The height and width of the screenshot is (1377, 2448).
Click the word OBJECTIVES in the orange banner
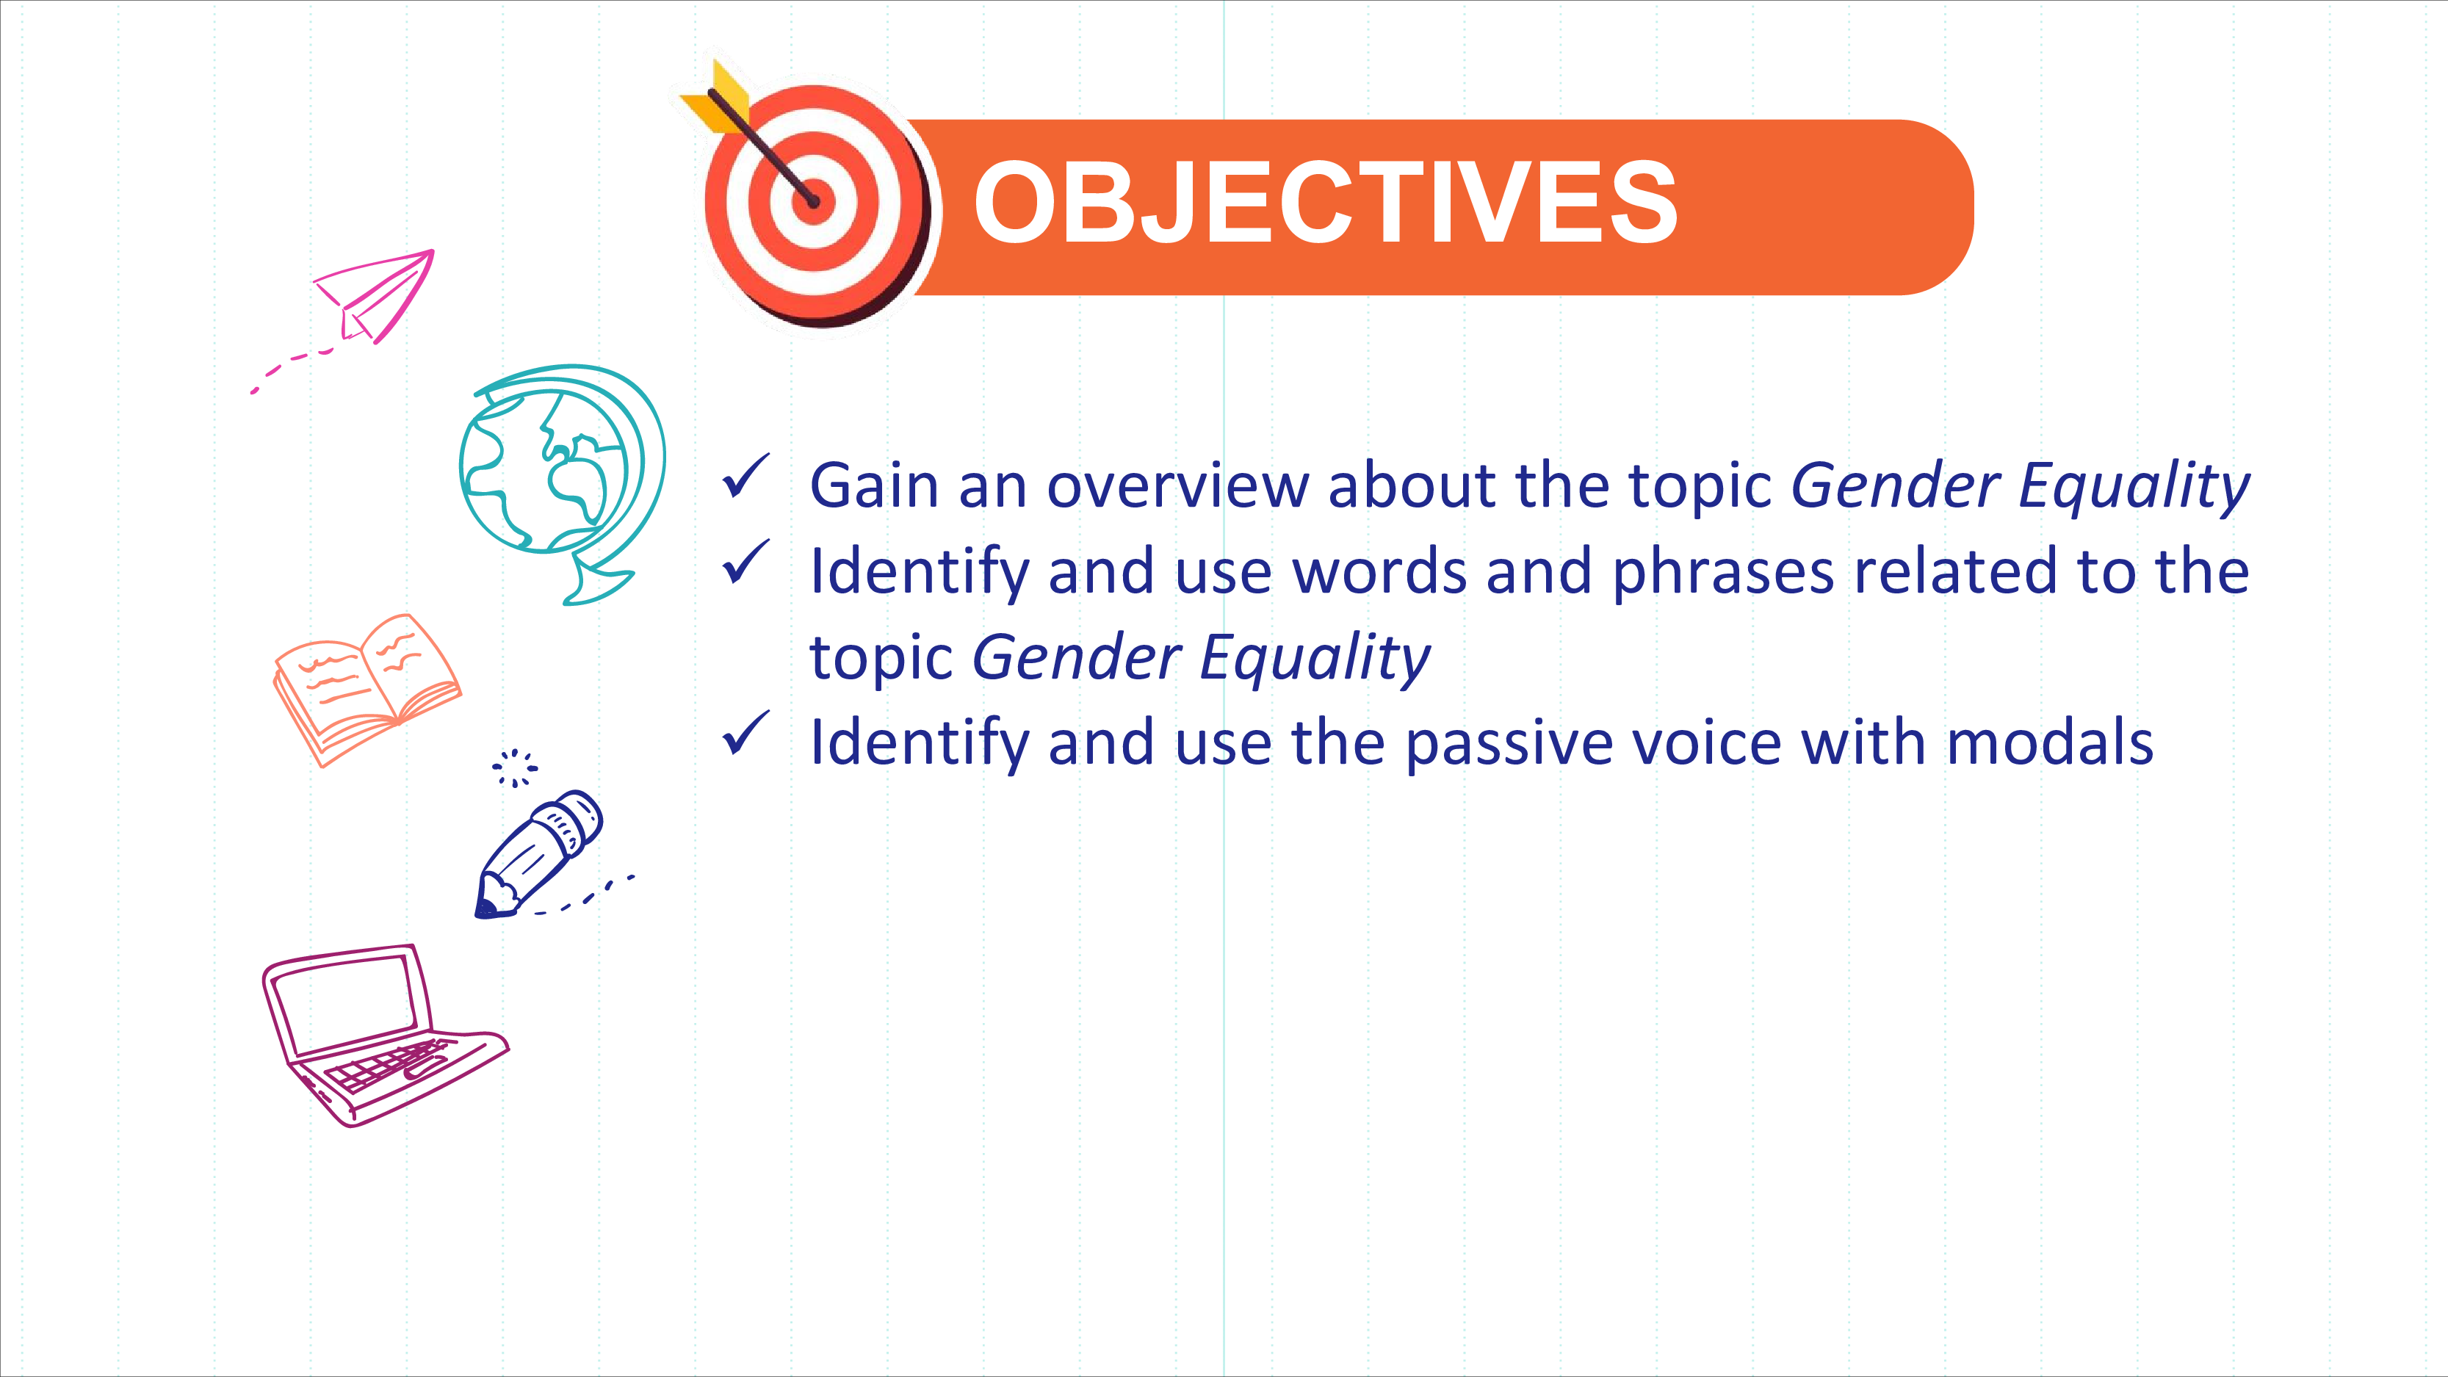[x=1326, y=201]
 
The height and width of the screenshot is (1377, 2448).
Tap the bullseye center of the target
[x=814, y=201]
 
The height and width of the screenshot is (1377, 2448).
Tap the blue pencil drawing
[x=538, y=853]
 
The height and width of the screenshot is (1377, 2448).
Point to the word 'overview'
[x=1177, y=485]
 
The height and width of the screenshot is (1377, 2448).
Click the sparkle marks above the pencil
[x=514, y=768]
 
